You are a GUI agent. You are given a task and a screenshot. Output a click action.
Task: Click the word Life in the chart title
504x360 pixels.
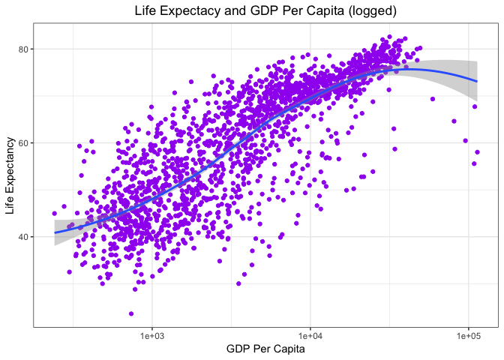(x=146, y=11)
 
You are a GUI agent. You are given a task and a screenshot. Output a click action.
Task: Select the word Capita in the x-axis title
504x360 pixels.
(x=288, y=349)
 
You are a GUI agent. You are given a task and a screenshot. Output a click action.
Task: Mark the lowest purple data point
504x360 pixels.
(x=131, y=313)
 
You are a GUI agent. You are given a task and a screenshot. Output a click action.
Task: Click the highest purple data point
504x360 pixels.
(x=389, y=37)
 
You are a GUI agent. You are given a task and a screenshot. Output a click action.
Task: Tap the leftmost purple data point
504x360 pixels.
(x=55, y=213)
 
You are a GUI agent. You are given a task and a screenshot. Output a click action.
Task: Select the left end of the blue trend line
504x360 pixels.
(x=55, y=232)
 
